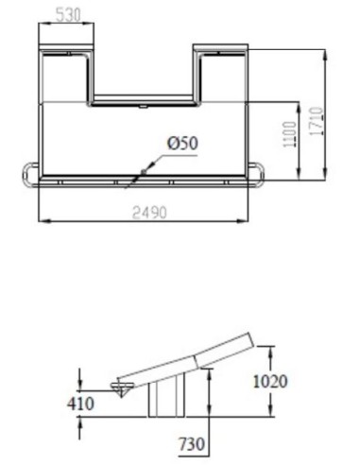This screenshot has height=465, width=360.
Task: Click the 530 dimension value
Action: click(x=68, y=14)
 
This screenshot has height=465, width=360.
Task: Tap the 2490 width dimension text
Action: click(x=149, y=213)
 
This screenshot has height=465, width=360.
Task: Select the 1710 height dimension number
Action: click(x=317, y=121)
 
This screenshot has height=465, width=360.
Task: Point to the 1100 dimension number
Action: click(x=290, y=134)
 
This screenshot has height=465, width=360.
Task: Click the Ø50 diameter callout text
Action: click(x=183, y=143)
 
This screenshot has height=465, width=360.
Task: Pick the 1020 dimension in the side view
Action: click(x=270, y=381)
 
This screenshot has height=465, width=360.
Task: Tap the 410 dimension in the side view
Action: click(x=80, y=404)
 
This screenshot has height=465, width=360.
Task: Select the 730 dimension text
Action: click(x=192, y=444)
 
